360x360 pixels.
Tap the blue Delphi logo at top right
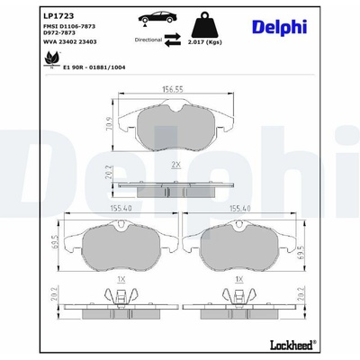click(279, 28)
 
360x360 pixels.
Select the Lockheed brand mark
click(293, 345)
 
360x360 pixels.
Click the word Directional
click(148, 40)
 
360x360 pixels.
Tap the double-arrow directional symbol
click(173, 40)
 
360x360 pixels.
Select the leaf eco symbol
click(52, 60)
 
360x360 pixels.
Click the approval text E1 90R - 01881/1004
click(94, 67)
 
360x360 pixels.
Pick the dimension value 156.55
click(173, 89)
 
